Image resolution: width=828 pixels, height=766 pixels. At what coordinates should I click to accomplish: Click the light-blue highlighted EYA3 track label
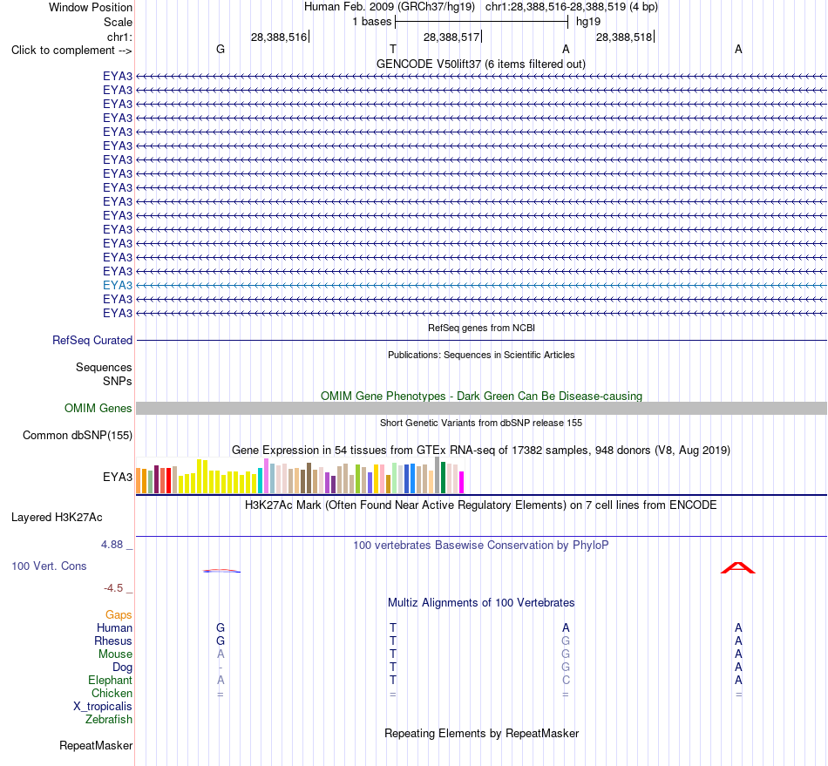tap(118, 285)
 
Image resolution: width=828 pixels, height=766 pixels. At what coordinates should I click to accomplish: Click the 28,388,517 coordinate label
tap(451, 37)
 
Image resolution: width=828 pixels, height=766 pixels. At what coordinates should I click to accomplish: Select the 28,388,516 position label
tap(279, 37)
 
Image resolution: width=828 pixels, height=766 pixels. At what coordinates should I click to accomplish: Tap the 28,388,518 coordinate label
tap(624, 37)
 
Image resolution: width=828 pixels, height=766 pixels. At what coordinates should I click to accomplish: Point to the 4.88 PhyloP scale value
tap(112, 545)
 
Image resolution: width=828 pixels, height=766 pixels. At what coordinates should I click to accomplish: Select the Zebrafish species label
tap(109, 719)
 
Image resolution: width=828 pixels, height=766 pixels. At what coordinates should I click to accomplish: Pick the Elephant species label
tap(110, 680)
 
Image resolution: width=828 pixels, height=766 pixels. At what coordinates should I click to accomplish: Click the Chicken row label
tap(112, 693)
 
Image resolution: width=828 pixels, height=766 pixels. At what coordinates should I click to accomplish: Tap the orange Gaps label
tap(119, 614)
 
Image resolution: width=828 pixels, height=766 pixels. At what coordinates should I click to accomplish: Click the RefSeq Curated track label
tap(92, 340)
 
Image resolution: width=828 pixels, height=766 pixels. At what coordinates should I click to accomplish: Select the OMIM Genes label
tap(98, 408)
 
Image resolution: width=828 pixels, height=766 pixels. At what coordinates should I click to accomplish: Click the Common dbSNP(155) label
tap(77, 435)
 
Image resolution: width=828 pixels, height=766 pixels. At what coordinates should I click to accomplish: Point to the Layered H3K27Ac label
tap(57, 518)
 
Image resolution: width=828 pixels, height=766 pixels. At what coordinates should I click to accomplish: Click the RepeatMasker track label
tap(96, 745)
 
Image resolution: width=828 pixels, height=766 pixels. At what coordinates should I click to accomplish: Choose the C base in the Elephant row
tap(566, 680)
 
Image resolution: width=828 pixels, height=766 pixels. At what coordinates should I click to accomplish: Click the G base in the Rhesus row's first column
tap(221, 641)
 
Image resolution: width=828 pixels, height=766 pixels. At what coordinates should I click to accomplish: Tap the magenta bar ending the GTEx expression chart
tap(461, 483)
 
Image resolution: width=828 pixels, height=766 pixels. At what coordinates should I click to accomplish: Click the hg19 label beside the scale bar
tap(587, 22)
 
